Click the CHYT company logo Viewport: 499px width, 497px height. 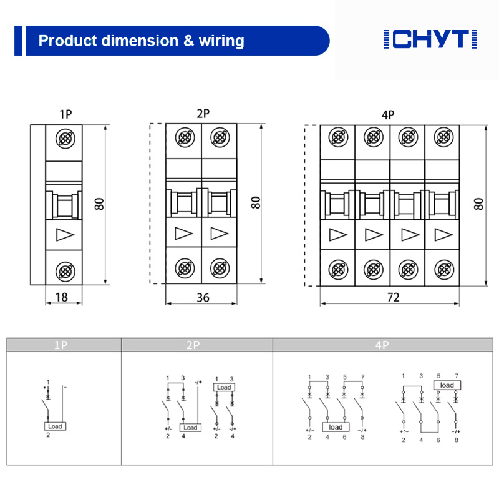(x=430, y=39)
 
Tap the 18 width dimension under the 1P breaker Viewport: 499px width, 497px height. (x=61, y=297)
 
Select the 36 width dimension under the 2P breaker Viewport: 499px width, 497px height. (x=203, y=297)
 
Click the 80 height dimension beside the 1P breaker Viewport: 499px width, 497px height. (x=100, y=204)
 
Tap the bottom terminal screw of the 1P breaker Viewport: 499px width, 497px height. (x=64, y=270)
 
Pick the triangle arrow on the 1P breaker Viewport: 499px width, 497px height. (x=64, y=235)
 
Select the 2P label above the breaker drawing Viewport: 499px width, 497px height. (x=203, y=114)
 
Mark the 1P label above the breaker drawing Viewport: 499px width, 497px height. (x=65, y=114)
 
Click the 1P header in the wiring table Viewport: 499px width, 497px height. (x=61, y=345)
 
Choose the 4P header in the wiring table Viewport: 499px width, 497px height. (x=382, y=345)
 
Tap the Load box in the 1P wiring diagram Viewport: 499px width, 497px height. (x=57, y=426)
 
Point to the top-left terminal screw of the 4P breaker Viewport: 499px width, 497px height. (x=338, y=136)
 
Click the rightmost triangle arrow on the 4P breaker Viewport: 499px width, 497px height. (x=443, y=235)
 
